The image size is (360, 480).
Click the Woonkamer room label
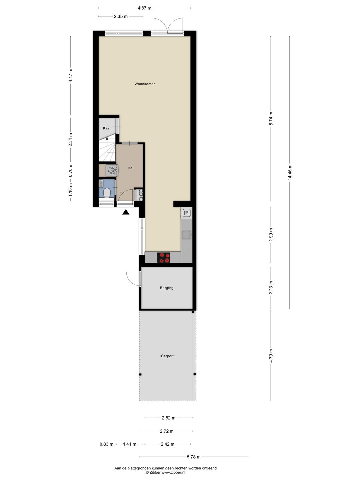(144, 84)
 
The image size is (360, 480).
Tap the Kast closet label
(107, 128)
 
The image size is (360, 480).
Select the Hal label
(130, 168)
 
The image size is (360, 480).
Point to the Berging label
(167, 288)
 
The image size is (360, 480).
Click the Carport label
(167, 356)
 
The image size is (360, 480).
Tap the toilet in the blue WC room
(107, 193)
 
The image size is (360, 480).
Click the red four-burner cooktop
(163, 257)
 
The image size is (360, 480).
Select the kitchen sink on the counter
(187, 235)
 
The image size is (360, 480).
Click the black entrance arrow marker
(126, 212)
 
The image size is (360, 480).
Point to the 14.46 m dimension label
(290, 172)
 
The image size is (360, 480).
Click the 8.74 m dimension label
(271, 118)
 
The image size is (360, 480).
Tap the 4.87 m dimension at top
(144, 8)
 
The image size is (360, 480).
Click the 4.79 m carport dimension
(271, 356)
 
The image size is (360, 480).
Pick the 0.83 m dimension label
(106, 444)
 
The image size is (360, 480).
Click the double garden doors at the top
(167, 26)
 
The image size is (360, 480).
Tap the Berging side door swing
(133, 279)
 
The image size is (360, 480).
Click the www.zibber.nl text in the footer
(173, 472)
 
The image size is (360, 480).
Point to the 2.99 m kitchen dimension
(271, 235)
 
